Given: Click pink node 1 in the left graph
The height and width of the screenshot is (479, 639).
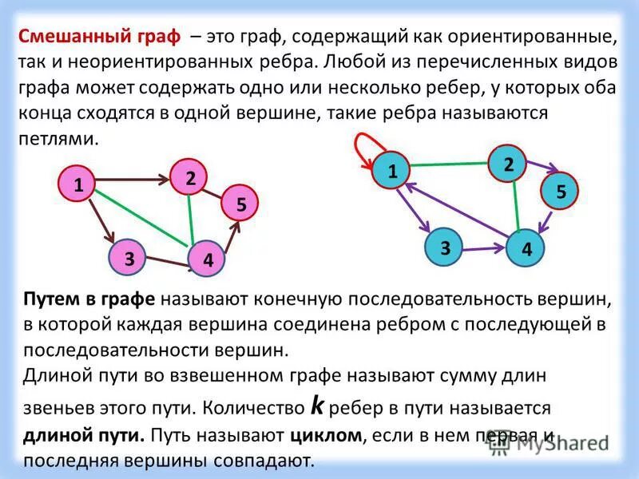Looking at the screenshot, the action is (x=77, y=184).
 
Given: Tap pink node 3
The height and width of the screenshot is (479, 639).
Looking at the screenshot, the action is (x=128, y=257).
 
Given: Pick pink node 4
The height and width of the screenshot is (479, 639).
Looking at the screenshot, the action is (x=207, y=259).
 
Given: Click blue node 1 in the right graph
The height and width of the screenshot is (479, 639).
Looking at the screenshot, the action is (x=392, y=171).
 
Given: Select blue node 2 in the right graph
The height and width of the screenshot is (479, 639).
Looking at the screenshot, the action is (x=508, y=164).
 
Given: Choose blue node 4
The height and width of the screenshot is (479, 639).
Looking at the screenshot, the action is (x=526, y=249).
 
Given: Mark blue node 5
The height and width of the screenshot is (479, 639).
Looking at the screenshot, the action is (x=560, y=191).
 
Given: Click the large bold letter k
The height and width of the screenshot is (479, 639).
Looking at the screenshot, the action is (x=317, y=406).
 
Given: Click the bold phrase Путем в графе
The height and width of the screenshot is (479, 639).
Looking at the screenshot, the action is (x=89, y=299).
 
